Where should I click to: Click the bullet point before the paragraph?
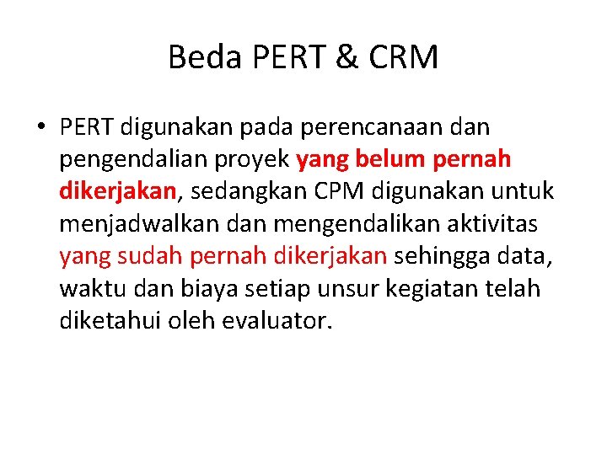click(40, 127)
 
